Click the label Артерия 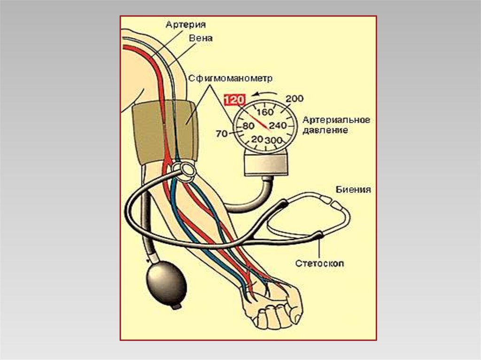click(x=185, y=24)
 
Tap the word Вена click(x=201, y=39)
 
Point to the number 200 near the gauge click(x=295, y=99)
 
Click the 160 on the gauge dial click(x=266, y=113)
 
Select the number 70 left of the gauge click(x=221, y=134)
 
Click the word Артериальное click(x=336, y=120)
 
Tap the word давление click(x=326, y=130)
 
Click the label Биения click(x=353, y=190)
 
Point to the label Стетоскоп click(x=319, y=263)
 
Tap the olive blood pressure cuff click(x=164, y=131)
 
